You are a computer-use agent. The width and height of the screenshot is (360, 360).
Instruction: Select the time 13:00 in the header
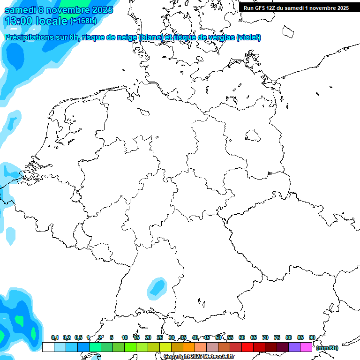point(20,21)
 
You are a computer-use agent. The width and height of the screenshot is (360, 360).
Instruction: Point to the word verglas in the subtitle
point(219,37)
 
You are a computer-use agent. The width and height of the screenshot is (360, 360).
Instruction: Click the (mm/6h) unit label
point(327,348)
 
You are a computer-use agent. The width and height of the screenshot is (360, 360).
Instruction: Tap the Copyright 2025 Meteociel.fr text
point(199,357)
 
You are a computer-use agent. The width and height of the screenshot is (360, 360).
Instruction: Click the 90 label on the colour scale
point(312,337)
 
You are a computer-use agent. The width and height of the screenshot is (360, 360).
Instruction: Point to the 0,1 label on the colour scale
point(54,337)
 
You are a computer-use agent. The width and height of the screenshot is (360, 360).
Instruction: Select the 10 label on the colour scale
point(125,337)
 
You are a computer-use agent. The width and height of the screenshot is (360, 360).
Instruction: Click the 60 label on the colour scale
point(242,337)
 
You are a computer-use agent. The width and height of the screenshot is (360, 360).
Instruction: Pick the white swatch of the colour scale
point(48,347)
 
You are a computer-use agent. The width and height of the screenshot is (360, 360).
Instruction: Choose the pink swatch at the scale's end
point(306,347)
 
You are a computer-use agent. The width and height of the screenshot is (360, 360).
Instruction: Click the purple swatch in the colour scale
point(294,347)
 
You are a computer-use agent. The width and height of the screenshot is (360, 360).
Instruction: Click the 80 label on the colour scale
point(289,337)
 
